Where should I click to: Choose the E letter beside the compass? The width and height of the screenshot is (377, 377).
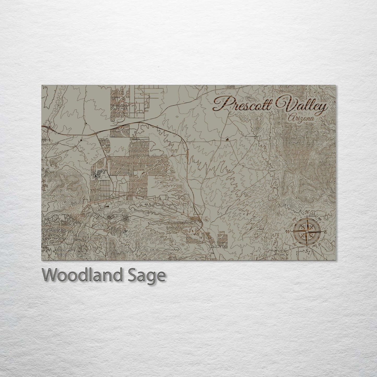[325, 232]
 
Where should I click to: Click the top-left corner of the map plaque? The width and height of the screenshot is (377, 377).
[41, 85]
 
